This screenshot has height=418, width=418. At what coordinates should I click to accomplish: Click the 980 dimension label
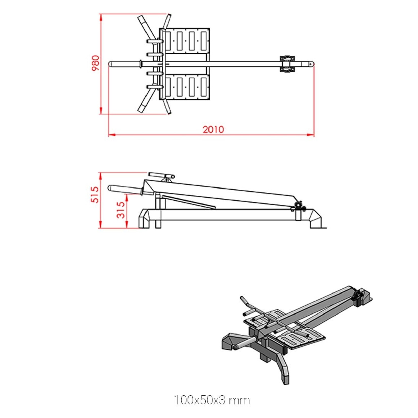coord(96,63)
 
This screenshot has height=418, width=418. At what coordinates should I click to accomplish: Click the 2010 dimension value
coord(213,129)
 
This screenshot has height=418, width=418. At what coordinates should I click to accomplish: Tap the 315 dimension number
coord(121,210)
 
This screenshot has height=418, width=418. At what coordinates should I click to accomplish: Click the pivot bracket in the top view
coord(287,64)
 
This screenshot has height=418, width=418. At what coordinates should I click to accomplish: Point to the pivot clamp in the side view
coord(299,206)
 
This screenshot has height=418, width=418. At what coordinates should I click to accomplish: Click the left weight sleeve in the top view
coord(124,64)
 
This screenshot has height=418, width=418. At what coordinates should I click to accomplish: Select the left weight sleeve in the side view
coord(124,189)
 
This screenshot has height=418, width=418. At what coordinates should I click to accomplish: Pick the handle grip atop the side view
coord(161,175)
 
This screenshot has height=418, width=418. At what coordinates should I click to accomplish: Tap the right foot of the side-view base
coord(316,219)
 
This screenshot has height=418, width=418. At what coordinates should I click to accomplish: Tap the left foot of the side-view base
coord(144,219)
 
